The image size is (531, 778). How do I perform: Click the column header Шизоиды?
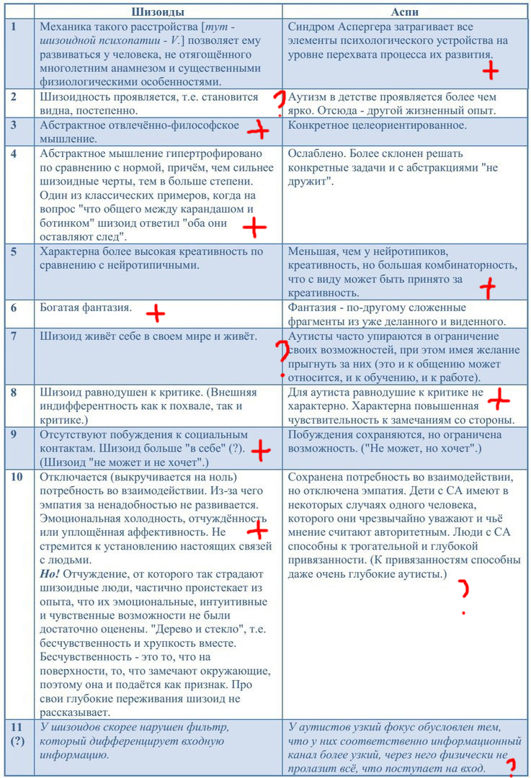tap(158, 11)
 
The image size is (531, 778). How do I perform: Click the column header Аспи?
tap(406, 11)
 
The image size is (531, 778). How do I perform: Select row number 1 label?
tap(14, 27)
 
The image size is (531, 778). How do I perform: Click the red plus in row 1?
tap(491, 70)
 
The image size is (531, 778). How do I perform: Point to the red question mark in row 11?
tap(512, 766)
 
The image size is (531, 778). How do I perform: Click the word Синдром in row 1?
tap(310, 27)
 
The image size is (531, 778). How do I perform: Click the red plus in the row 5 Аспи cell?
tap(488, 287)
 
